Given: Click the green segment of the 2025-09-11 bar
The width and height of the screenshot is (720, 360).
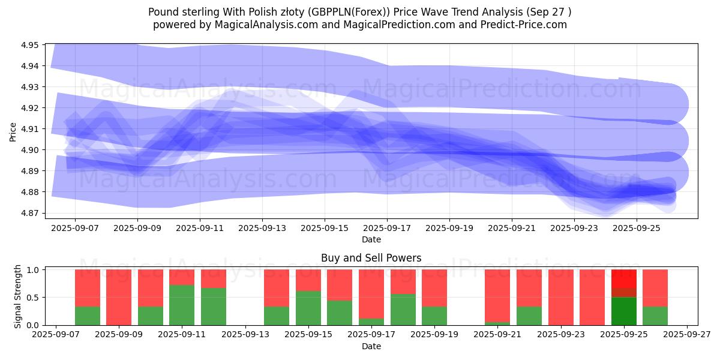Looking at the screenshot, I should click(182, 305).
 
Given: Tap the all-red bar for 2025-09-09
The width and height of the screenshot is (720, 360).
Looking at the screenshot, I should click(119, 297).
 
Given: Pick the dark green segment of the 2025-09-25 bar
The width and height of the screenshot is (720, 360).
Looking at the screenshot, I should click(623, 311).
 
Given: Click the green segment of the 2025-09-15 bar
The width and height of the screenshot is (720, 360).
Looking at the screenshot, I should click(308, 308).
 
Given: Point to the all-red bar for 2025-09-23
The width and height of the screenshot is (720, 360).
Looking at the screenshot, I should click(560, 297).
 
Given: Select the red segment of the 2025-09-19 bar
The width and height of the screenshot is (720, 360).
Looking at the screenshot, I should click(434, 288).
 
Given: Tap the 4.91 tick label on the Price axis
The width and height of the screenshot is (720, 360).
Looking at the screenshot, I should click(30, 129).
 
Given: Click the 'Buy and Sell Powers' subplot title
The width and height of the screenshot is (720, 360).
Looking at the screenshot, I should click(371, 258).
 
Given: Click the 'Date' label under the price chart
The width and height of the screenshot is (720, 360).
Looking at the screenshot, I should click(371, 239).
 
